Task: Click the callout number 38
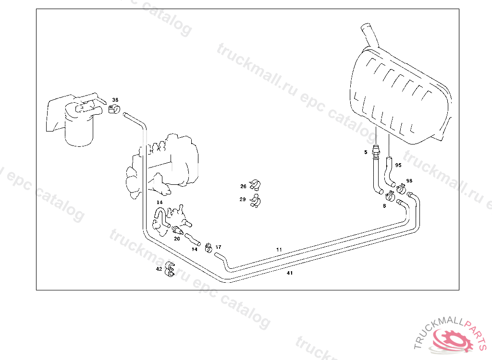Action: click(115, 100)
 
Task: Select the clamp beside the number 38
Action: click(114, 109)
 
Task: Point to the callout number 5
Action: click(366, 152)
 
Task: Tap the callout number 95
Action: click(398, 165)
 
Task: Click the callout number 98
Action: click(409, 180)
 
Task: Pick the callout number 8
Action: click(384, 205)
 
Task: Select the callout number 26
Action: click(243, 186)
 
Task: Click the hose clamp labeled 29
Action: click(255, 200)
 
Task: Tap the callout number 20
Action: click(177, 239)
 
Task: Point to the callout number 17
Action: click(218, 247)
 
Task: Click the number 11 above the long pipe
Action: click(279, 250)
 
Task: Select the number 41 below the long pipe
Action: click(289, 273)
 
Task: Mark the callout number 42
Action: click(159, 269)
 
